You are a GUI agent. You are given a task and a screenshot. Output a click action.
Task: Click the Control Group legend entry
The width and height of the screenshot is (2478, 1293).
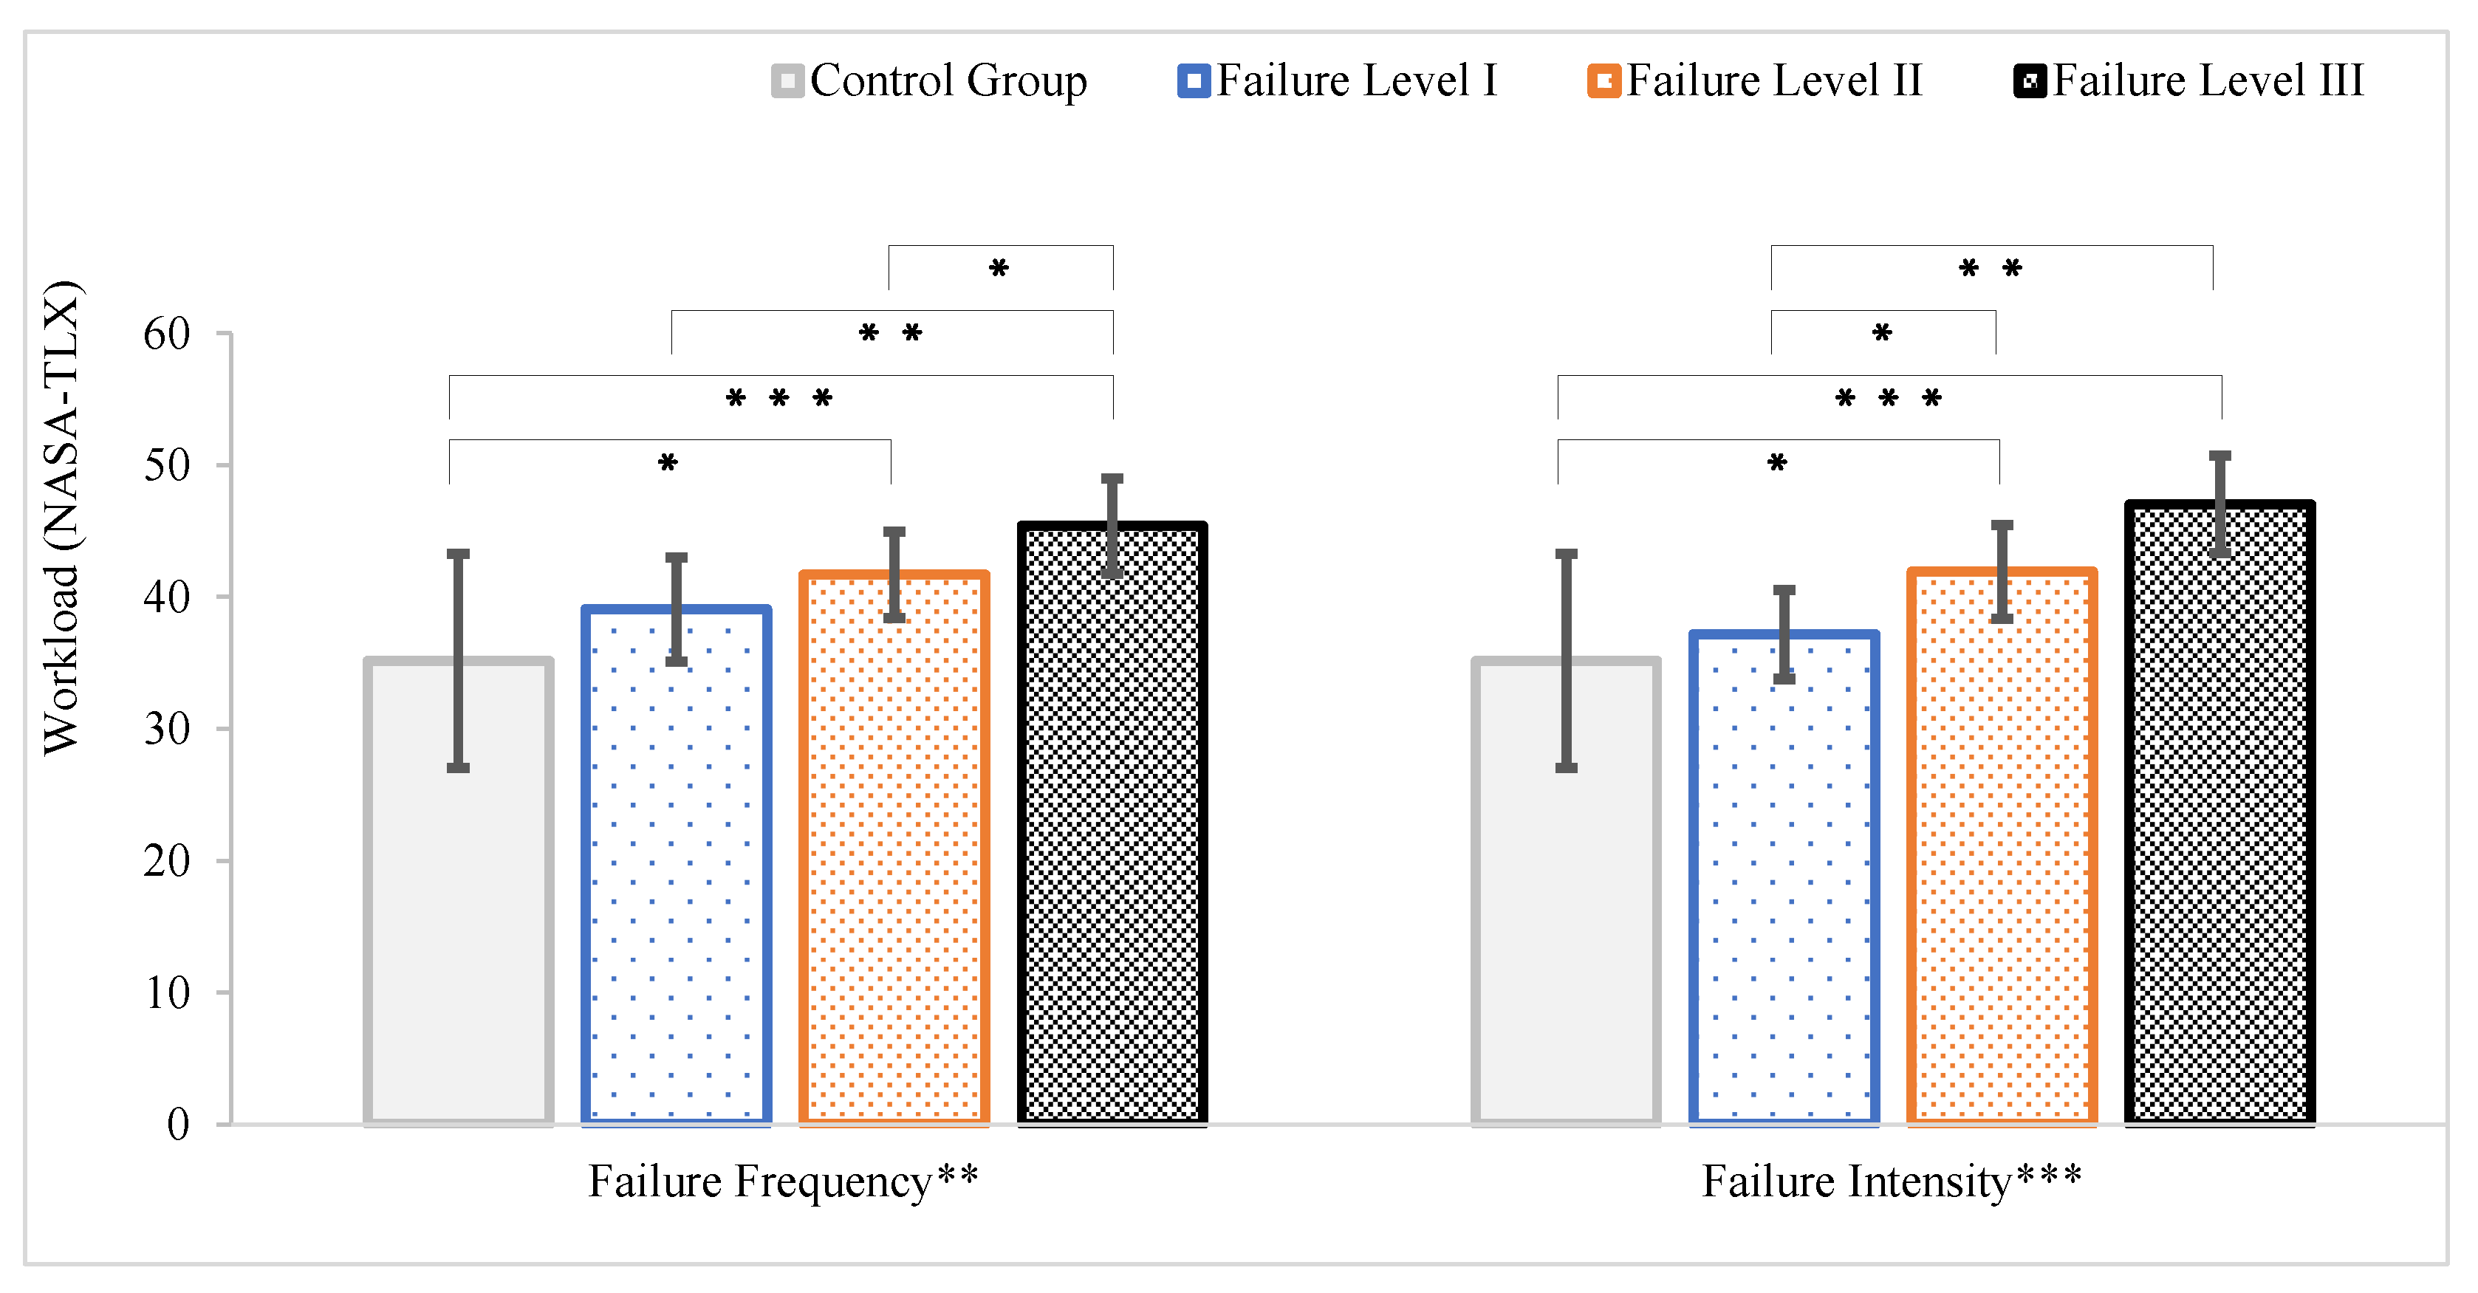(930, 80)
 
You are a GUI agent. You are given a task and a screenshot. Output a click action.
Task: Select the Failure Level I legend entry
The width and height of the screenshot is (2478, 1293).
(1338, 80)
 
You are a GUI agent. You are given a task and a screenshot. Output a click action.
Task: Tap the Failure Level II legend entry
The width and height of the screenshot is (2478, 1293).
(1756, 80)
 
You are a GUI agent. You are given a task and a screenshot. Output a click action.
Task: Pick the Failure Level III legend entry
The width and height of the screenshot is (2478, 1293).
(2189, 80)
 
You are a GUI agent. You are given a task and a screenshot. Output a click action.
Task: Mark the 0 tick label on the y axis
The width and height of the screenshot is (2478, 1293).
(178, 1124)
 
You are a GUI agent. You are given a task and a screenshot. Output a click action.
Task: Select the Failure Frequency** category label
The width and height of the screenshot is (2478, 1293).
(783, 1181)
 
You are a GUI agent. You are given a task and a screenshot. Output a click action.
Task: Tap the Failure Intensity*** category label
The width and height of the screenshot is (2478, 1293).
(1892, 1181)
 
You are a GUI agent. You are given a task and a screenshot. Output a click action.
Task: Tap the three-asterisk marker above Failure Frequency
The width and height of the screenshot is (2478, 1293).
(779, 398)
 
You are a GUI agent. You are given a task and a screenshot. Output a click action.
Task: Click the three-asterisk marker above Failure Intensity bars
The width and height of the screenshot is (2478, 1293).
(1889, 398)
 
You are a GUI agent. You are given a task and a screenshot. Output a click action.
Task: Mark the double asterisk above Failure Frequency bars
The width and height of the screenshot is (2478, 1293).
(891, 334)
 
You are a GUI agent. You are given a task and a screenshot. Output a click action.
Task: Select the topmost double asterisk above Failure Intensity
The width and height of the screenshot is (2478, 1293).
(1991, 268)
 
